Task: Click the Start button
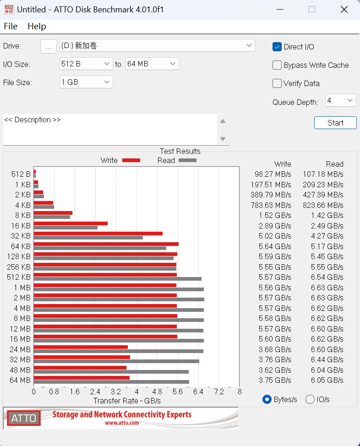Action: [x=335, y=123]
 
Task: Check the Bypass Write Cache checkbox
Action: [x=277, y=65]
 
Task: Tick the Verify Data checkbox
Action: [x=277, y=83]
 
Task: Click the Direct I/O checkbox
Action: [x=277, y=47]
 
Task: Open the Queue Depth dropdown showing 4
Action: [x=340, y=100]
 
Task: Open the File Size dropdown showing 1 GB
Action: [x=86, y=82]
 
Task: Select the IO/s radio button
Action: [x=310, y=399]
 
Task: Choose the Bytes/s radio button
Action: [x=267, y=399]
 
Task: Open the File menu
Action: [x=11, y=26]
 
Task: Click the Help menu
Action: [x=37, y=26]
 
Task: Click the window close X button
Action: [x=344, y=9]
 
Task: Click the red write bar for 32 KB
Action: [x=98, y=234]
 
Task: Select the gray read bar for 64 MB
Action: [x=111, y=382]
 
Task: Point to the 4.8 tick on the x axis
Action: [x=157, y=392]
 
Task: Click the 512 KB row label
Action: [x=19, y=277]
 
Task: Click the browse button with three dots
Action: [x=49, y=46]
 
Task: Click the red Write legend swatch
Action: [x=131, y=160]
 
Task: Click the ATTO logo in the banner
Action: [x=23, y=418]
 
